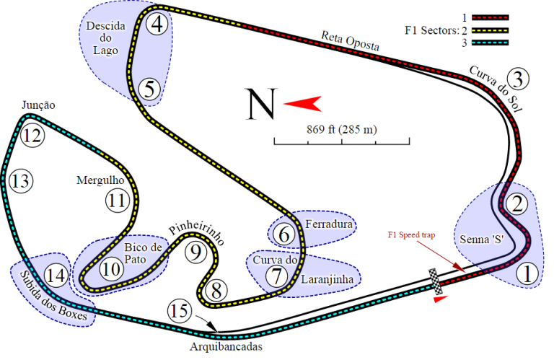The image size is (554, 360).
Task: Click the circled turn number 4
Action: point(157,25)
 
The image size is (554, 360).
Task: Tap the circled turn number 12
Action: point(32,136)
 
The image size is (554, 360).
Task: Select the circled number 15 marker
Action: point(180,311)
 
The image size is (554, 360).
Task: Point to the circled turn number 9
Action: point(195,253)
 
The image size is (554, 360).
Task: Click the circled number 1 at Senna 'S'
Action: point(527,274)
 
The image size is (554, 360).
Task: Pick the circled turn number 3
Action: point(518,79)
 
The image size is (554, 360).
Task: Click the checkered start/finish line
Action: point(435,281)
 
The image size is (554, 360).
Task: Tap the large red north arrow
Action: point(302,103)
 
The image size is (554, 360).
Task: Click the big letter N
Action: point(261,104)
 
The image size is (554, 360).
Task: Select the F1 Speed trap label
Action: point(411,235)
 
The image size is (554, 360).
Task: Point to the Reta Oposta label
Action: point(350,41)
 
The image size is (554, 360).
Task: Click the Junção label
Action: point(38,105)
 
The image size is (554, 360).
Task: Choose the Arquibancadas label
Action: point(226,346)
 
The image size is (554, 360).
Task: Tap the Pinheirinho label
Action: point(196,234)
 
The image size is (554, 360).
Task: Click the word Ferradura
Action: point(329,224)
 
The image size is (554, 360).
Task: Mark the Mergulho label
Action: point(100,180)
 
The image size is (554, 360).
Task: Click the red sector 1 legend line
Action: point(491,17)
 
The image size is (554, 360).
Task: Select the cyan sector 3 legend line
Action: point(491,43)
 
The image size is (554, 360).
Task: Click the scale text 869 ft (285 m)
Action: point(342,130)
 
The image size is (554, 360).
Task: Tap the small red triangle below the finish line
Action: point(440,299)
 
